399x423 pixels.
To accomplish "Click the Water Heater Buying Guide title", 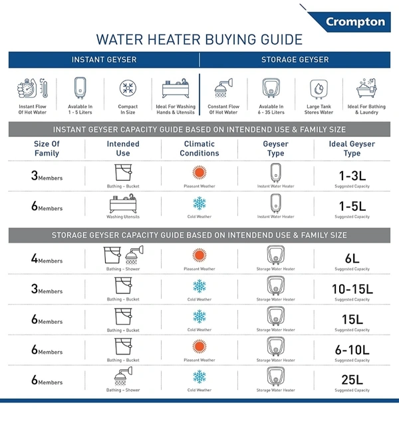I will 199,40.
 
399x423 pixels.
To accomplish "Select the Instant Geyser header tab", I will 104,60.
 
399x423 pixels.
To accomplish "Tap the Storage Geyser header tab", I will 295,60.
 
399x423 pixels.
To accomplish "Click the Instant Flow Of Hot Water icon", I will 32,89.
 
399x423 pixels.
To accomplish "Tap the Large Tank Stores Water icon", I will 319,89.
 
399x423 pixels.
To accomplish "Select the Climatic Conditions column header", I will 199,148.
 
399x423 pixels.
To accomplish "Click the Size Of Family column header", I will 47,148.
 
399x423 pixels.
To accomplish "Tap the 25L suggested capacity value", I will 352,380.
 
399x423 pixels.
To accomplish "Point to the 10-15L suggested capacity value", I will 352,289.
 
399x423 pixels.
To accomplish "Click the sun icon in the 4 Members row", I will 199,255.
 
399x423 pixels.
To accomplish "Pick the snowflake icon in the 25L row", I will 199,377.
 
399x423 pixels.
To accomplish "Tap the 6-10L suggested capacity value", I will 352,349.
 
